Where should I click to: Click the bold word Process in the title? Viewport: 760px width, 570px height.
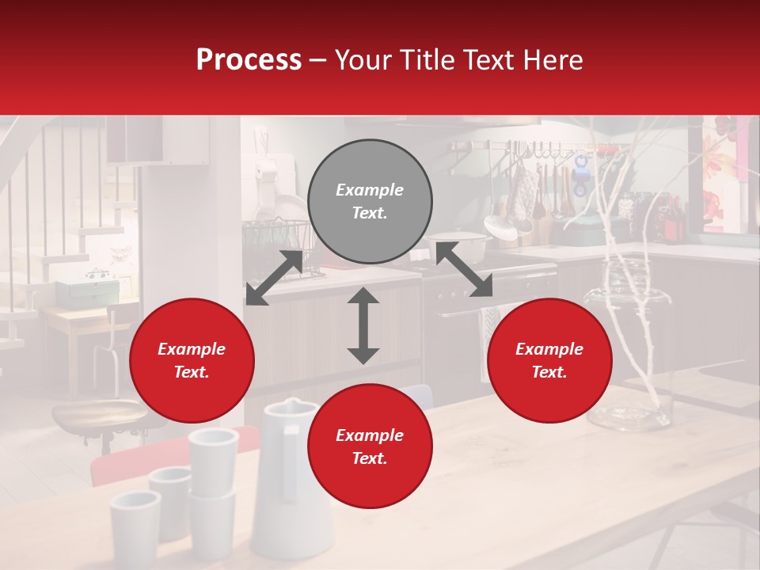point(249,60)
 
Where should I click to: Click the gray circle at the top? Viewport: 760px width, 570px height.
point(370,202)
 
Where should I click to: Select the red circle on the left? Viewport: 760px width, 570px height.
point(192,361)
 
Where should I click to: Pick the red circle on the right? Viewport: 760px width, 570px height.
point(549,361)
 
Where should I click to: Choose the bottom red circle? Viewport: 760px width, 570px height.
point(370,446)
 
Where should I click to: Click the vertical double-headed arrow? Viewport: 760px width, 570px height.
point(363,325)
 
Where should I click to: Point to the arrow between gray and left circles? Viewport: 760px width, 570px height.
point(274,278)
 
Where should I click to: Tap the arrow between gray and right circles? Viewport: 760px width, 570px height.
point(464,270)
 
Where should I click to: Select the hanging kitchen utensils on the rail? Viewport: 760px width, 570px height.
point(538,190)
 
